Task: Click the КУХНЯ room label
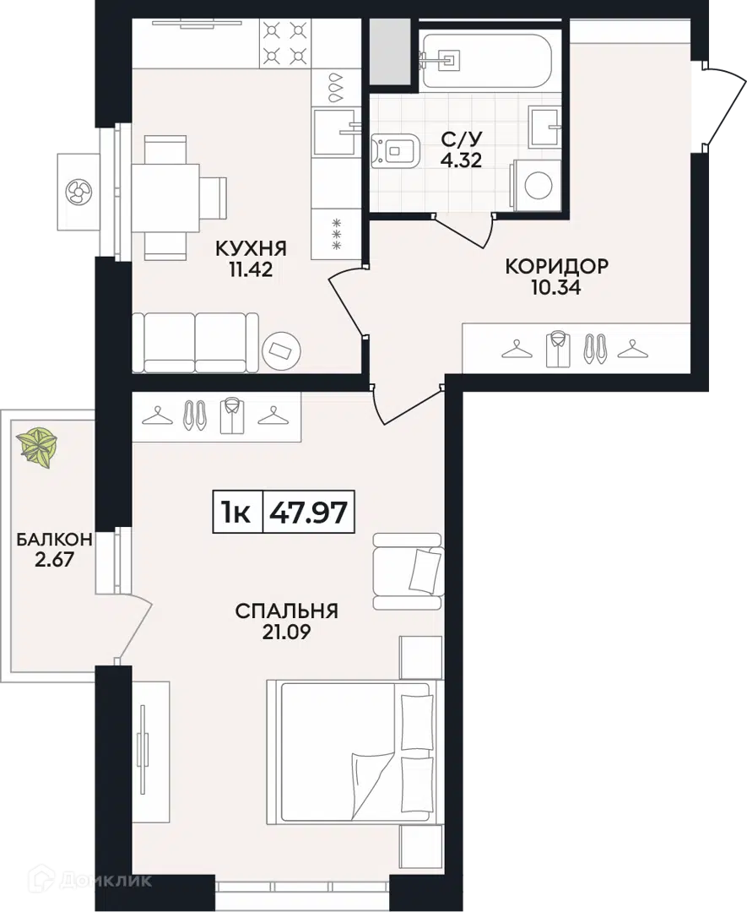coord(251,248)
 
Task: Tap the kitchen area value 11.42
coord(251,269)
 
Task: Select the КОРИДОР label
coord(556,266)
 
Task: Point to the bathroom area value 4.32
coord(461,160)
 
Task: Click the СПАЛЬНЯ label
coord(287,611)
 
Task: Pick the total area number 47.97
coord(309,513)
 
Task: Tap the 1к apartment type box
coord(237,512)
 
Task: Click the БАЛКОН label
coord(54,540)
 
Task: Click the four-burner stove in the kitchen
coord(284,42)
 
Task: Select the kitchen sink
coord(334,132)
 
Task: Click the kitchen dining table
coord(166,198)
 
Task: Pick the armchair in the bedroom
coord(408,571)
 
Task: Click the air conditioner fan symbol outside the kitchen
coord(78,192)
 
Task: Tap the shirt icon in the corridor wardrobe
coord(558,349)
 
